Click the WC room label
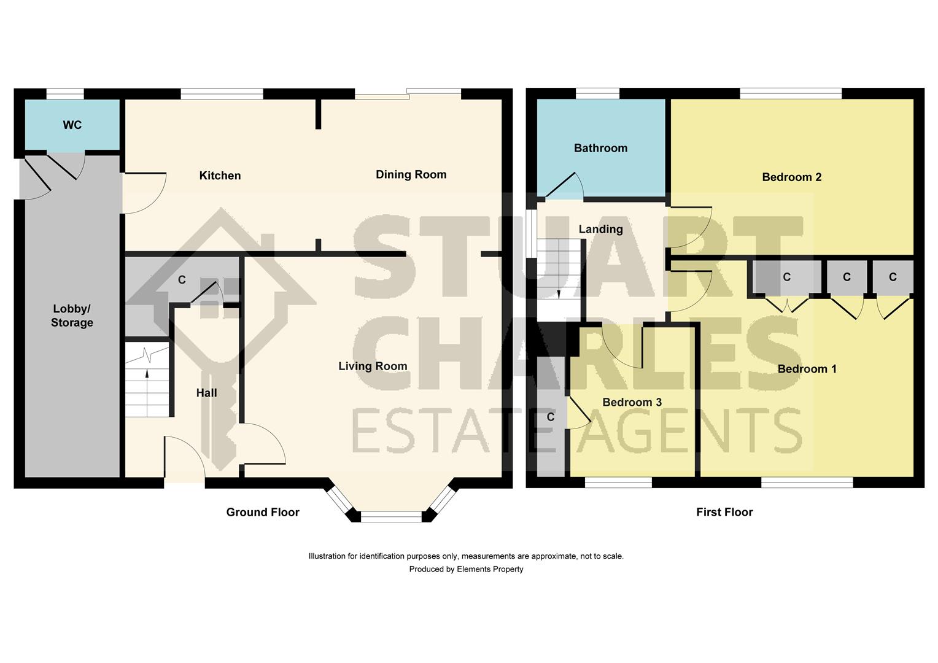pos(72,125)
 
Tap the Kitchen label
pos(220,176)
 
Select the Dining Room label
pos(411,174)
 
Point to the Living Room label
pos(373,366)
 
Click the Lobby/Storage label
pos(72,316)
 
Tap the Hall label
pos(206,393)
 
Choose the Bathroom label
pos(600,149)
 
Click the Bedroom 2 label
pos(791,177)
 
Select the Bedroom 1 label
pos(807,369)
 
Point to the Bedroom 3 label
pos(632,403)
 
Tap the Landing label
pos(600,229)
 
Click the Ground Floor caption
pos(263,512)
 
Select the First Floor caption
pos(724,512)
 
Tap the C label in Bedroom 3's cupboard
pos(551,417)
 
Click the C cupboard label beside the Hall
pos(182,280)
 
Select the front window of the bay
pos(391,516)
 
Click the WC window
pos(65,94)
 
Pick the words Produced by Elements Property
pos(466,570)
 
